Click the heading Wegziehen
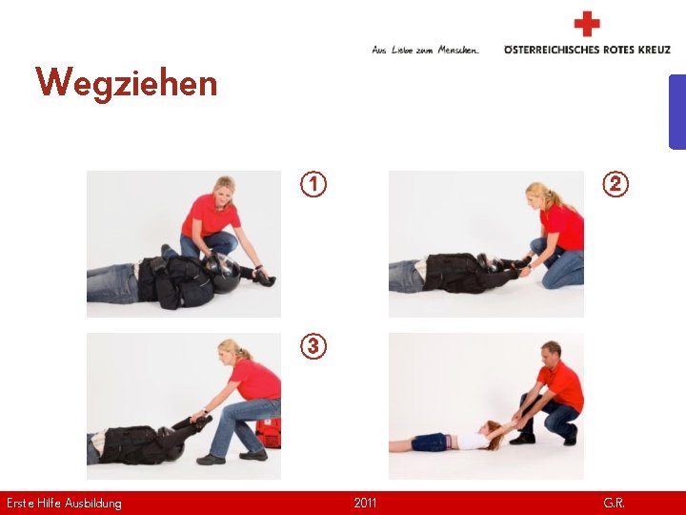pyautogui.click(x=126, y=83)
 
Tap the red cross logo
pyautogui.click(x=587, y=24)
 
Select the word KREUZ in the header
pyautogui.click(x=654, y=50)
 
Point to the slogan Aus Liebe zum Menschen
pyautogui.click(x=425, y=50)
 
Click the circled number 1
pyautogui.click(x=313, y=184)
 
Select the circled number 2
pyautogui.click(x=615, y=184)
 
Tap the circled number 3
pyautogui.click(x=313, y=346)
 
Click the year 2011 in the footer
pyautogui.click(x=365, y=503)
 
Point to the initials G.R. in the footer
pyautogui.click(x=614, y=503)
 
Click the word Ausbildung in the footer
pyautogui.click(x=92, y=504)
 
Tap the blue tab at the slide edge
pyautogui.click(x=677, y=113)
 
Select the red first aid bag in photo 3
pyautogui.click(x=268, y=433)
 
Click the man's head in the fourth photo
pyautogui.click(x=551, y=353)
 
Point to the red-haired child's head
pyautogui.click(x=492, y=435)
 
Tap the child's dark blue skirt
pyautogui.click(x=430, y=442)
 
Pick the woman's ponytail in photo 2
pyautogui.click(x=557, y=198)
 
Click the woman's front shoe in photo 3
pyautogui.click(x=211, y=459)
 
